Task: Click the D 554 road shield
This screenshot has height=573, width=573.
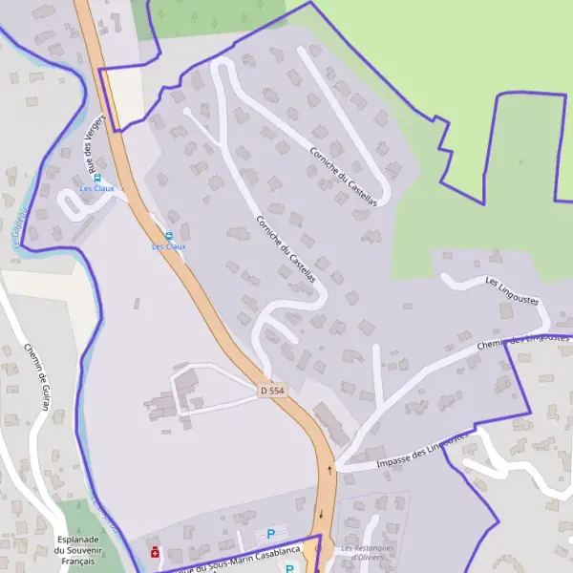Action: click(x=272, y=392)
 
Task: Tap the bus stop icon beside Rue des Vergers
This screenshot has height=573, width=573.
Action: click(x=97, y=178)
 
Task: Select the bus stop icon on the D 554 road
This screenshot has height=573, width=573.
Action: click(x=169, y=236)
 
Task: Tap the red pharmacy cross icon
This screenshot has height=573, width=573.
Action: click(x=155, y=551)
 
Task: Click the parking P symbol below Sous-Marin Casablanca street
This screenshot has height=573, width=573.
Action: click(x=289, y=568)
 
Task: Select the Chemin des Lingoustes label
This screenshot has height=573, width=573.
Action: click(x=523, y=339)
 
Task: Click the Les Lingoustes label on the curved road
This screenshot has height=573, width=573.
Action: click(x=512, y=290)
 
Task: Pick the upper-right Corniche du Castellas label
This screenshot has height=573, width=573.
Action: click(x=342, y=176)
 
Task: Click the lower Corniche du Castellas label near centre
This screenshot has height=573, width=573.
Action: click(x=286, y=247)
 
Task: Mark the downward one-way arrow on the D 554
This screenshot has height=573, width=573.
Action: click(x=321, y=515)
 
